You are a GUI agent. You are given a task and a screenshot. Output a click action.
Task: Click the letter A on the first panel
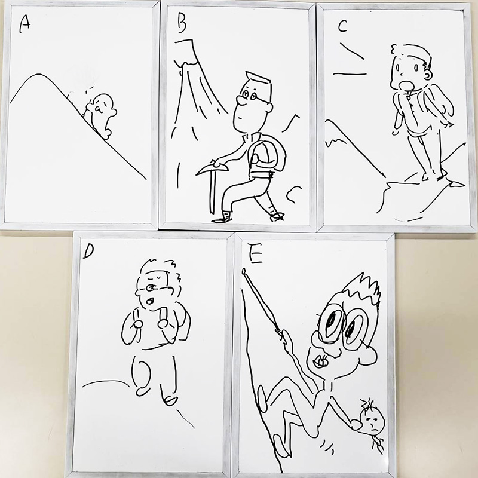(24, 24)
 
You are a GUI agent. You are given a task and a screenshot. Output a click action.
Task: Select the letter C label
(342, 26)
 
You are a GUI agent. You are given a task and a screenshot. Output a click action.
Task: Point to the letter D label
(88, 252)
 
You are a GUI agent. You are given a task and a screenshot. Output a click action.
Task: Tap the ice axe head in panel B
(213, 169)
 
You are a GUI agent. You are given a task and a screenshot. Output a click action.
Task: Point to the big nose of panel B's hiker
(241, 100)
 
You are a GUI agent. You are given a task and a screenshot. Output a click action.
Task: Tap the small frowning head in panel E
(371, 421)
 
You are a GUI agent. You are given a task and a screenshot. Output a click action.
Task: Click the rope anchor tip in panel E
(244, 271)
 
